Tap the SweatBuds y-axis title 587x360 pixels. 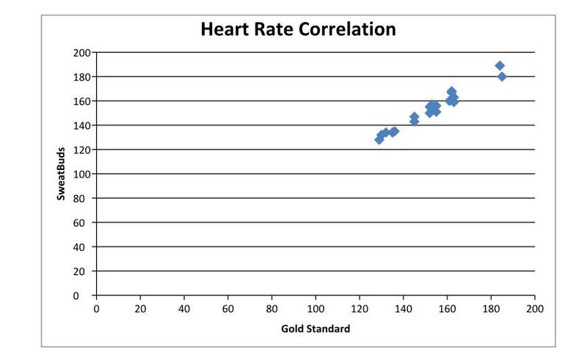pyautogui.click(x=64, y=173)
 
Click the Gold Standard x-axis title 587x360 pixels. pyautogui.click(x=316, y=328)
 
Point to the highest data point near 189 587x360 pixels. pyautogui.click(x=500, y=66)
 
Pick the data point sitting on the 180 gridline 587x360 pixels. pyautogui.click(x=502, y=77)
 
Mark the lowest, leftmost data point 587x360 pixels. pyautogui.click(x=379, y=139)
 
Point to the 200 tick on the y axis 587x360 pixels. pyautogui.click(x=81, y=53)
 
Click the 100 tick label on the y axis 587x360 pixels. pyautogui.click(x=81, y=175)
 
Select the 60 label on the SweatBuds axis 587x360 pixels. pyautogui.click(x=83, y=223)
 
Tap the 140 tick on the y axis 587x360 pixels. pyautogui.click(x=81, y=125)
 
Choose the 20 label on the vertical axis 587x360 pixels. pyautogui.click(x=83, y=271)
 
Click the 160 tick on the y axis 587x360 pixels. pyautogui.click(x=81, y=101)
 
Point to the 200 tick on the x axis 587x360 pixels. pyautogui.click(x=535, y=309)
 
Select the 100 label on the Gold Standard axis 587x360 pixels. pyautogui.click(x=316, y=309)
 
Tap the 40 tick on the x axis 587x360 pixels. pyautogui.click(x=184, y=309)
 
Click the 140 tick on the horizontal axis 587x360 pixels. pyautogui.click(x=404, y=309)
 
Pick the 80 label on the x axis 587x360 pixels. pyautogui.click(x=272, y=309)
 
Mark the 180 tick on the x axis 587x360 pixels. pyautogui.click(x=491, y=309)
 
